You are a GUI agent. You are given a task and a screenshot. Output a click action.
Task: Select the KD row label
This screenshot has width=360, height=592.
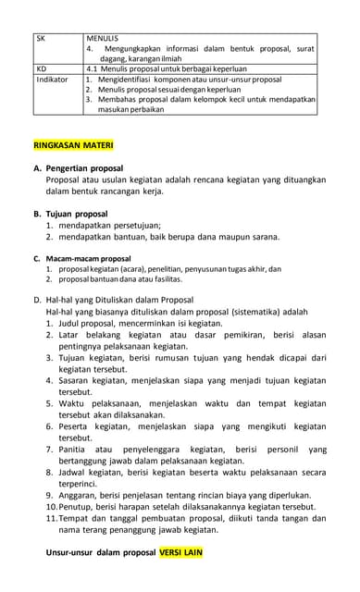point(41,68)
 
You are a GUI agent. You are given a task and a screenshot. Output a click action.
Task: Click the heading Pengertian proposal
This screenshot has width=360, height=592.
point(91,169)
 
